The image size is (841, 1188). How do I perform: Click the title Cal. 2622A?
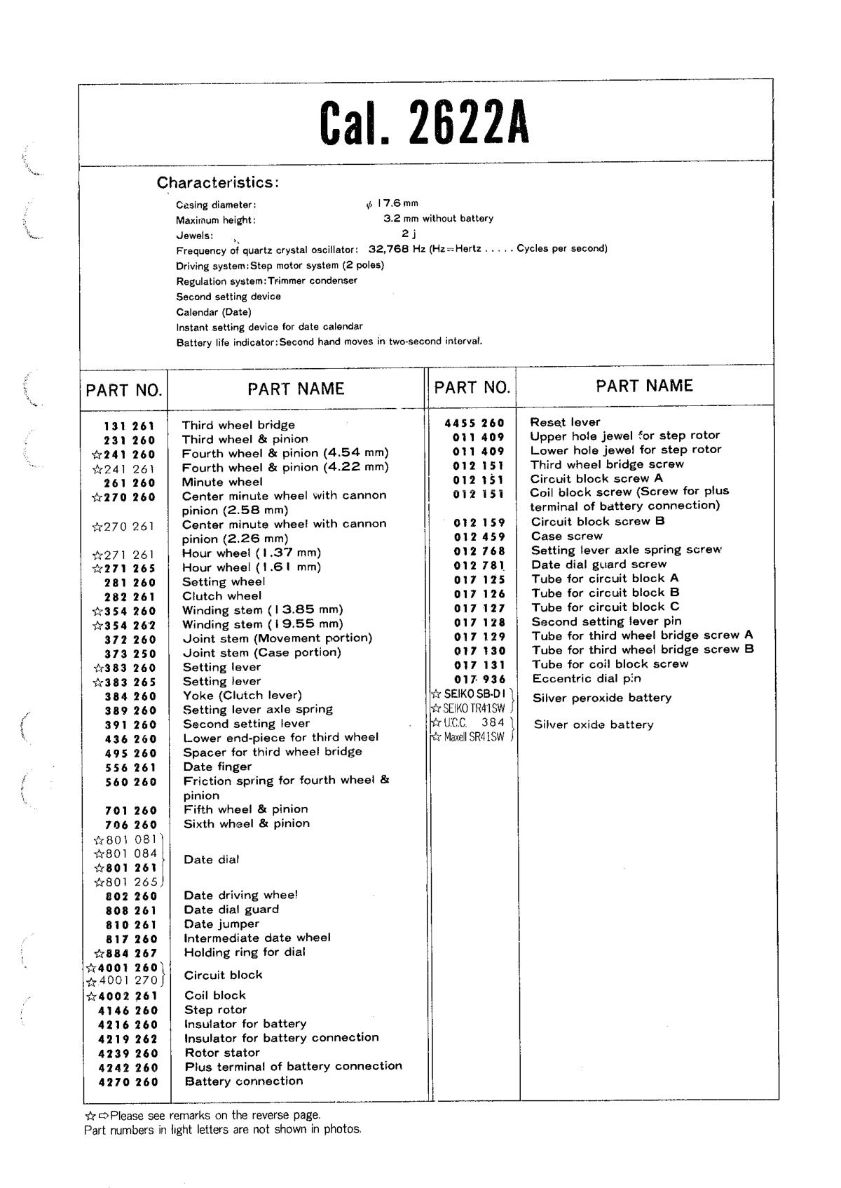coord(425,123)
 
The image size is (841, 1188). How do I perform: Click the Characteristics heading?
coord(218,182)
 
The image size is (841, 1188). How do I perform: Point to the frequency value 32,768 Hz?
coord(396,249)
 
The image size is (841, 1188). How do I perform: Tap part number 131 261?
coord(130,426)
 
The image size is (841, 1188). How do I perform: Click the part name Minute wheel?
coord(222,482)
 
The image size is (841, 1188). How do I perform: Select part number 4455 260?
coord(474,423)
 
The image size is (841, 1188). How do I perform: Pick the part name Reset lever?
coord(565,422)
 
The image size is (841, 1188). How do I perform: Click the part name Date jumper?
coord(221,924)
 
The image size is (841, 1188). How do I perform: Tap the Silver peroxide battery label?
coord(601,698)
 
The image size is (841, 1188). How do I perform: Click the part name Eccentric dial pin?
coord(586,678)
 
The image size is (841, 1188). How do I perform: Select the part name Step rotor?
coord(216,1010)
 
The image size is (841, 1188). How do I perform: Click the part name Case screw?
coord(566,536)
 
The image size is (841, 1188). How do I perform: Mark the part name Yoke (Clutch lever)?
coord(242,695)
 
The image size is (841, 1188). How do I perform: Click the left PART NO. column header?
coord(124,390)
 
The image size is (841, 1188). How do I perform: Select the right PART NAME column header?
coord(644,386)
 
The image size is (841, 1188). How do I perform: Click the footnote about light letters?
coord(222,1130)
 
